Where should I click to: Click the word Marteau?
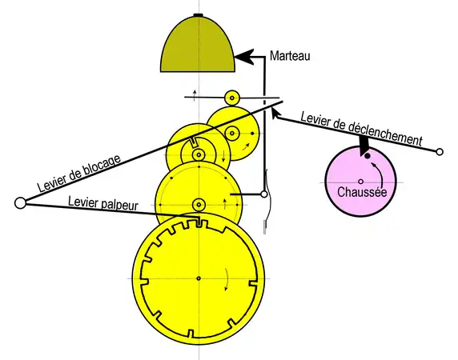coord(290,56)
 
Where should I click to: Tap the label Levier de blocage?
coord(79,173)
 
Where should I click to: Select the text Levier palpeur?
coord(102,202)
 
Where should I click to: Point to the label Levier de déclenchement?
coord(362,129)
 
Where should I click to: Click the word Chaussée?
coord(362,192)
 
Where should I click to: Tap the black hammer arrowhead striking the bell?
coord(244,57)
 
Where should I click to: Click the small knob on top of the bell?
coord(199,14)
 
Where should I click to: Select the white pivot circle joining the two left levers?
coord(20,202)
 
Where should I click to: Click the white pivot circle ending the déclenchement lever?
coord(440,152)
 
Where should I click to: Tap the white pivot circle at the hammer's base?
coord(264,194)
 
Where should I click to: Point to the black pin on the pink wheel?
coord(368,156)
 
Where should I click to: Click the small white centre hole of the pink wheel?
coord(361,182)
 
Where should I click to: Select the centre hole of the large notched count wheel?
coord(199,278)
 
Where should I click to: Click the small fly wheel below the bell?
coord(232,98)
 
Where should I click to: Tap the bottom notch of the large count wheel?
coord(191,333)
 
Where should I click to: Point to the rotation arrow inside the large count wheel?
coord(227,279)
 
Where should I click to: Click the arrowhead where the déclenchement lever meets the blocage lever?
coord(275,113)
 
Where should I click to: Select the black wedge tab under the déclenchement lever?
coord(364,146)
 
